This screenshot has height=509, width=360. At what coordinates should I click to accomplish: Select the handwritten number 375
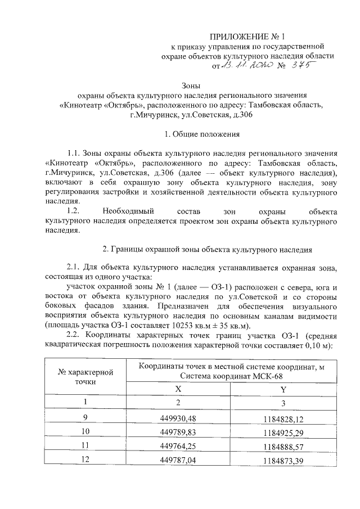pos(299,65)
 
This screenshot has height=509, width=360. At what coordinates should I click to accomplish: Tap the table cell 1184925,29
pos(282,431)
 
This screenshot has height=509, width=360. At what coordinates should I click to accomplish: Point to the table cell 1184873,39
pos(282,461)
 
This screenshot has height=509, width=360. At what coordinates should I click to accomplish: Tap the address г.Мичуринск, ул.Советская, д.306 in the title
pos(191,115)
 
